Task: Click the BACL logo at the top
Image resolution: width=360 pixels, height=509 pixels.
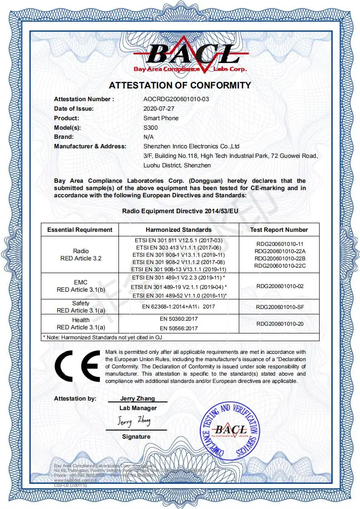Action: click(x=190, y=57)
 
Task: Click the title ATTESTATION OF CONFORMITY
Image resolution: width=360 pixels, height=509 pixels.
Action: click(x=180, y=85)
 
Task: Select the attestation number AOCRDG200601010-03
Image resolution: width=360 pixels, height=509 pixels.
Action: click(x=176, y=99)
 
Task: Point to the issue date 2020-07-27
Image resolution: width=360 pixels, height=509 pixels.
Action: click(x=159, y=108)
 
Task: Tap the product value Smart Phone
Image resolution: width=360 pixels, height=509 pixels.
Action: click(x=161, y=118)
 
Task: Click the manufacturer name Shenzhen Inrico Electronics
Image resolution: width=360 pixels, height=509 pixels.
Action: click(x=191, y=146)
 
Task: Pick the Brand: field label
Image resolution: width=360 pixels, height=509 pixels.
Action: click(x=64, y=137)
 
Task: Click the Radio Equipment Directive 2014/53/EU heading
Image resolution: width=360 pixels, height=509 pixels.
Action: click(x=180, y=210)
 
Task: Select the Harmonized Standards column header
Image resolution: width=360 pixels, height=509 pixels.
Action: click(x=178, y=230)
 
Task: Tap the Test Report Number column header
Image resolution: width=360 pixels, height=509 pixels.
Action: click(x=279, y=230)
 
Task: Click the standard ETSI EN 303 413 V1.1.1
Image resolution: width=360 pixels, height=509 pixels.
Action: click(x=178, y=247)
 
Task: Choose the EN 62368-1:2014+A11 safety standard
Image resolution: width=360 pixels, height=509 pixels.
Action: click(x=178, y=307)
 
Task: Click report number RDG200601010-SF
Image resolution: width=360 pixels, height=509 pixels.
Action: click(x=279, y=307)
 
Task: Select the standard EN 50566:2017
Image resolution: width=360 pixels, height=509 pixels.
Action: click(x=178, y=328)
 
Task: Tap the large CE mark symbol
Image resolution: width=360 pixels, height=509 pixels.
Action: click(x=77, y=367)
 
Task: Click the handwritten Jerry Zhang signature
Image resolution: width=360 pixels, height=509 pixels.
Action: click(x=134, y=421)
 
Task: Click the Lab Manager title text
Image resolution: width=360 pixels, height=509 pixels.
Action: click(x=138, y=408)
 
